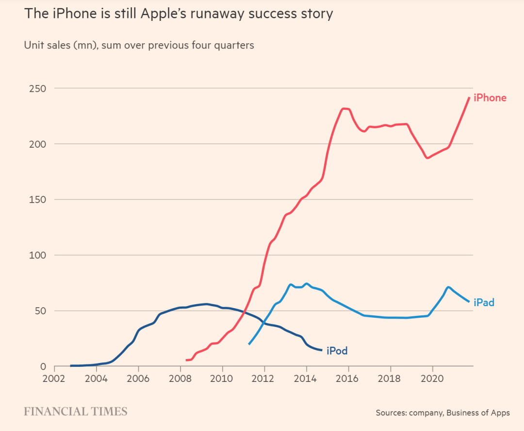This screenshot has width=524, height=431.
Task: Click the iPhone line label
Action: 490,98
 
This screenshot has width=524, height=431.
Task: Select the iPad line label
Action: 484,303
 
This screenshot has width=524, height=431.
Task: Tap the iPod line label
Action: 337,350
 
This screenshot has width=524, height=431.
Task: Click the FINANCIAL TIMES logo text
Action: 76,412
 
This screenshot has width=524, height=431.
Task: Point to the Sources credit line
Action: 442,413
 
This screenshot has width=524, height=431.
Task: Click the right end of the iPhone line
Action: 469,98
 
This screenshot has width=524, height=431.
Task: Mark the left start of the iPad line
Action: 249,344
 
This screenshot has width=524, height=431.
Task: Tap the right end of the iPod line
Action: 322,350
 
